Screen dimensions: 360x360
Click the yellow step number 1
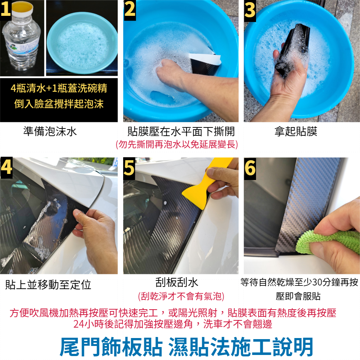point(6,9)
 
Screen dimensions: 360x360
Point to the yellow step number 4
point(6,167)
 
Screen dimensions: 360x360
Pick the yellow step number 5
point(129,167)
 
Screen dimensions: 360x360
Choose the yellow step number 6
point(250,167)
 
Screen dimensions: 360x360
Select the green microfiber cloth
point(326,242)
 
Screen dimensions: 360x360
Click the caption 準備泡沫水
point(50,131)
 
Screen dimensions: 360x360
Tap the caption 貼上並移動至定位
point(48,285)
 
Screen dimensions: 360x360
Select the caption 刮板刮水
point(177,282)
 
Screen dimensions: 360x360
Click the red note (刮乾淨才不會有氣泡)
point(181,296)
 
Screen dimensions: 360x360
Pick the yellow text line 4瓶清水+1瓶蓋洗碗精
point(59,88)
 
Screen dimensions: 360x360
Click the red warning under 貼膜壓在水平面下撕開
point(177,144)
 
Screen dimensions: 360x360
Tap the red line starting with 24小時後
point(173,324)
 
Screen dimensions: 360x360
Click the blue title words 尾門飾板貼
point(111,347)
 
